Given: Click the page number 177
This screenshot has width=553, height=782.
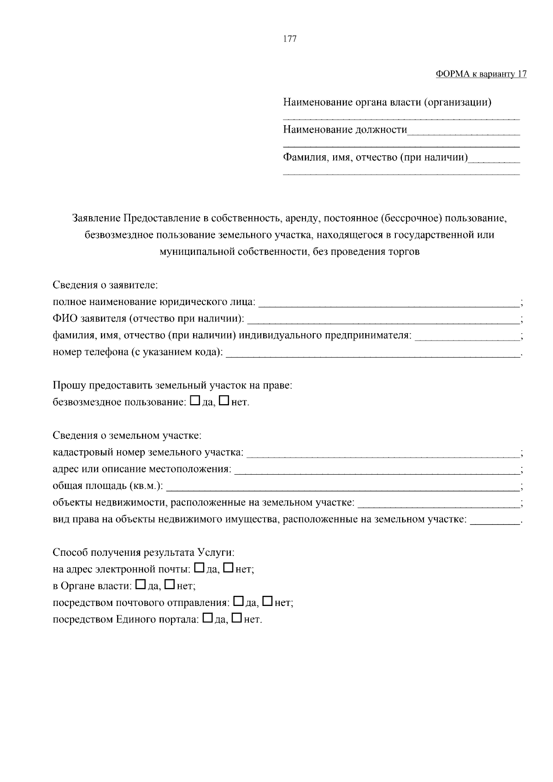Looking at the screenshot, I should point(289,39).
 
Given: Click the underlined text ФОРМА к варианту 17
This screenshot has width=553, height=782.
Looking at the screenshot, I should point(481,74).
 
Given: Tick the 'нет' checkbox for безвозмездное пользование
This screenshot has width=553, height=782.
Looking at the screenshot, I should point(224,401).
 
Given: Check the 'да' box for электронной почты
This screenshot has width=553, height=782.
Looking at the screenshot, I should point(200,568).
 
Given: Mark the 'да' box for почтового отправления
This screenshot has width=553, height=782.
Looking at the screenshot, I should point(239,602).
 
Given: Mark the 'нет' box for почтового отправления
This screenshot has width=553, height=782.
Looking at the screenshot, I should point(268,602).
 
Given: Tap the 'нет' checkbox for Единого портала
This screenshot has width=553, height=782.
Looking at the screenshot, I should point(237,618).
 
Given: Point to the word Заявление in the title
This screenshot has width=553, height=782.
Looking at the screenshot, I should point(96,218).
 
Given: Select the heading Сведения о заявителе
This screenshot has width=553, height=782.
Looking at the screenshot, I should point(106,285).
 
